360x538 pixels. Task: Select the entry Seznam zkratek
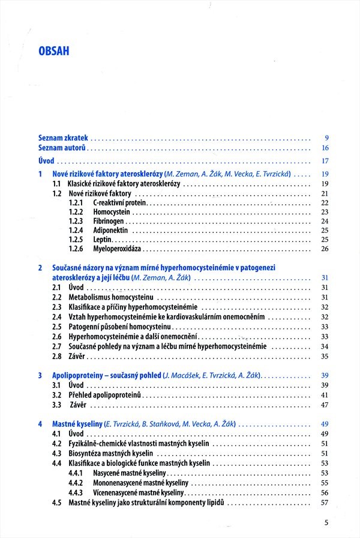coord(63,138)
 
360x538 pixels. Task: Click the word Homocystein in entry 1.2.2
coord(112,213)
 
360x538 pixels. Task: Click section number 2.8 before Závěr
coord(57,356)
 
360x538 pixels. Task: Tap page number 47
coord(325,405)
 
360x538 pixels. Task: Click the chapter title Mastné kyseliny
coord(77,423)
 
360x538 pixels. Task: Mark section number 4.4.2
coord(76,483)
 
